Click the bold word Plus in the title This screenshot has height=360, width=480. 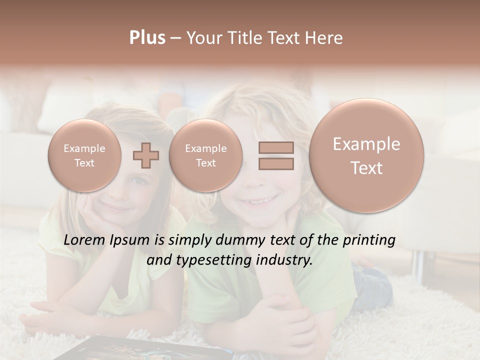point(147,38)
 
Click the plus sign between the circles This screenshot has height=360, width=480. point(146,155)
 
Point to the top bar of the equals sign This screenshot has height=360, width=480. point(276,147)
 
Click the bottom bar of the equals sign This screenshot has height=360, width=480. point(276,163)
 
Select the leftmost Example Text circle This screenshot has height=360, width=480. point(84,155)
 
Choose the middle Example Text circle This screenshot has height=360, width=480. point(205,155)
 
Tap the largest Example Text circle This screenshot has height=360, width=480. point(366,155)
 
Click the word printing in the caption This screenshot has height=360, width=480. point(368,240)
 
